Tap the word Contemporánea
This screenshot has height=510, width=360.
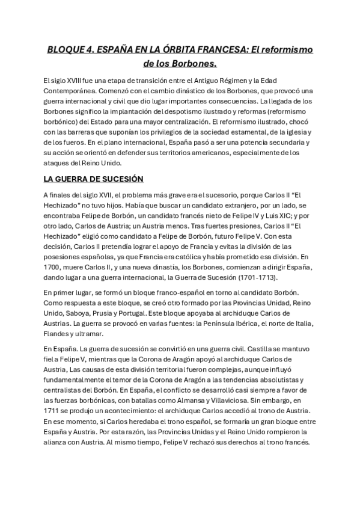(x=69, y=91)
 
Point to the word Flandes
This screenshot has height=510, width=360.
(x=56, y=334)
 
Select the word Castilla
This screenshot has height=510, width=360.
(x=227, y=349)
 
